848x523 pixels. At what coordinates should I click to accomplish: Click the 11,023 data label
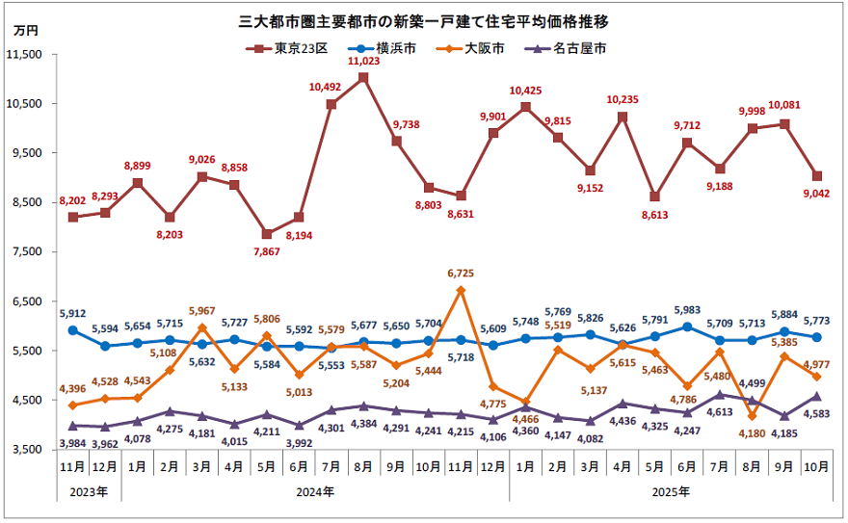pos(363,61)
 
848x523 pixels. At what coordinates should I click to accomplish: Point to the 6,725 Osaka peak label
pos(462,275)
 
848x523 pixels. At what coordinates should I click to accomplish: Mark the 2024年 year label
pos(315,492)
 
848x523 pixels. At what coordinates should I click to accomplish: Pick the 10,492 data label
pos(330,87)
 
